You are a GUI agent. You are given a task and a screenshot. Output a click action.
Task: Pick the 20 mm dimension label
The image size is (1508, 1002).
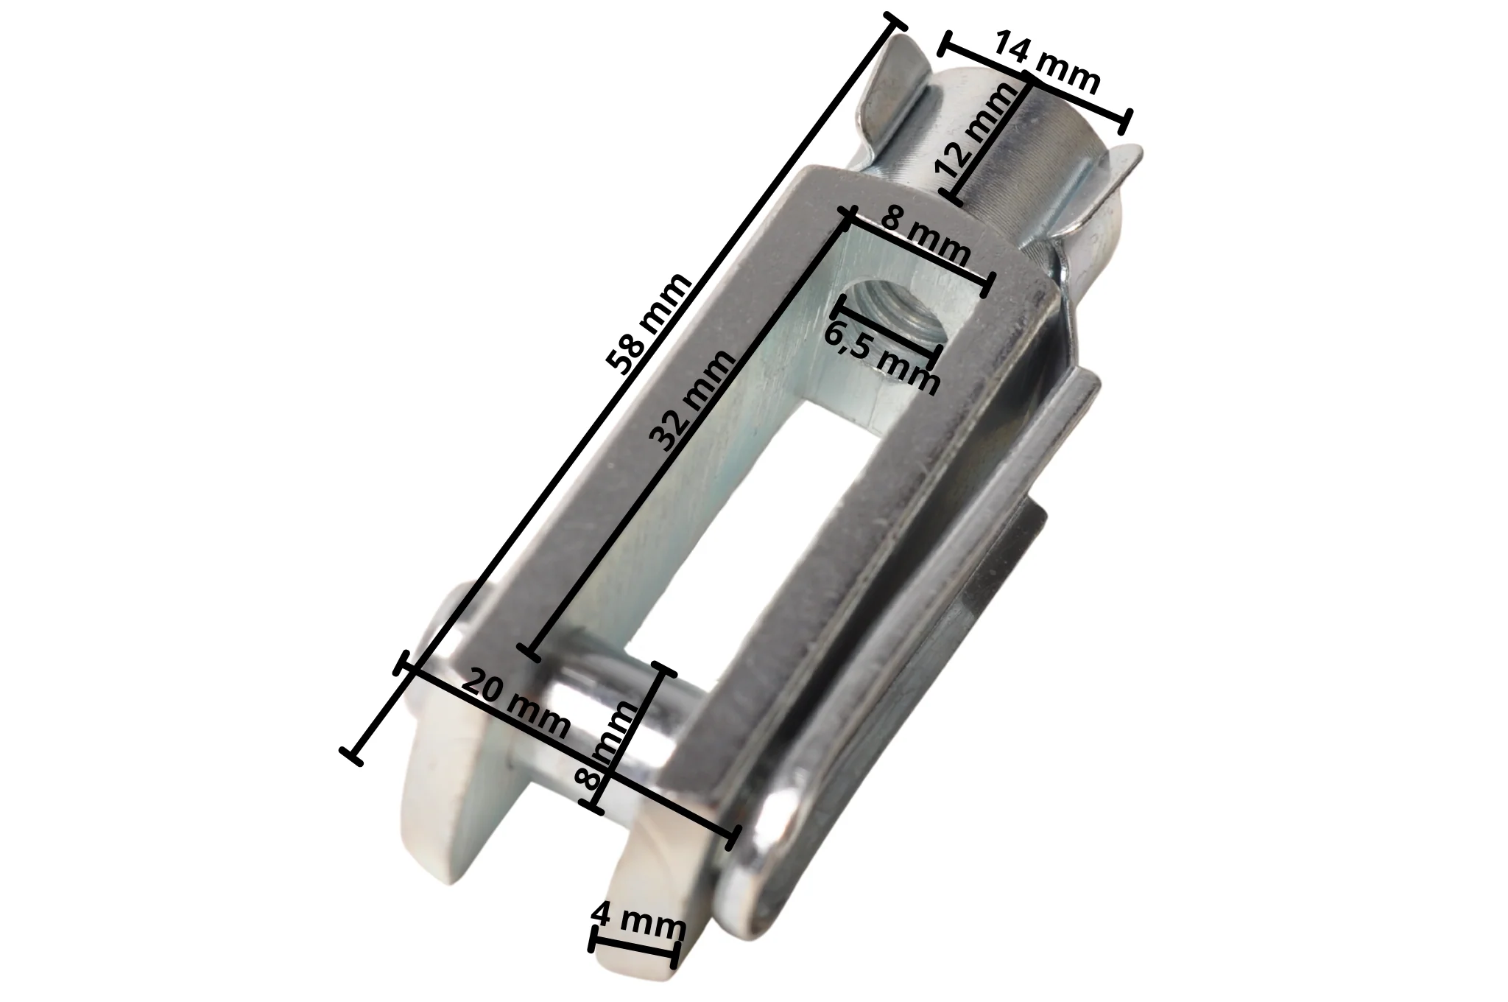(x=515, y=705)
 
